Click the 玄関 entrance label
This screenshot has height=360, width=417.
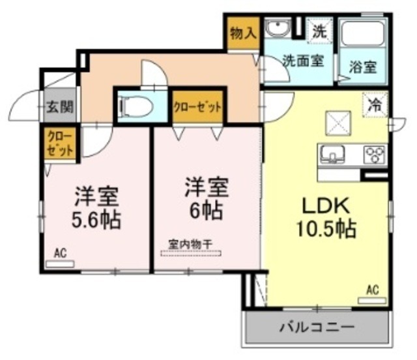tap(59, 108)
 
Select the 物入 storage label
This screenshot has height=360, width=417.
tap(243, 33)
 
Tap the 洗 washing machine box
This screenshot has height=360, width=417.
tap(319, 29)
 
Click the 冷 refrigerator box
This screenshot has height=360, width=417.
tap(376, 104)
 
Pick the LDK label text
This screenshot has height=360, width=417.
tap(326, 207)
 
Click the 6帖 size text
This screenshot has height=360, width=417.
tap(207, 210)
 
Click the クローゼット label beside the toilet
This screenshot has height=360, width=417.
tap(197, 106)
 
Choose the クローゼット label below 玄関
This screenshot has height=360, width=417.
tap(59, 143)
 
